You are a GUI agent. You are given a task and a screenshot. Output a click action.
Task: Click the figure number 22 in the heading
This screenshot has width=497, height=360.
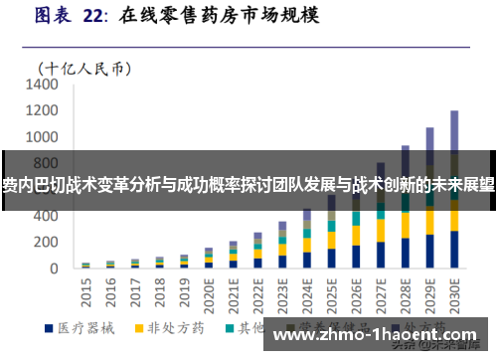[x=93, y=16]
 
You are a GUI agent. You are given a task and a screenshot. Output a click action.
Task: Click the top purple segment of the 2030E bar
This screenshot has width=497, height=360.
[x=454, y=129]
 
